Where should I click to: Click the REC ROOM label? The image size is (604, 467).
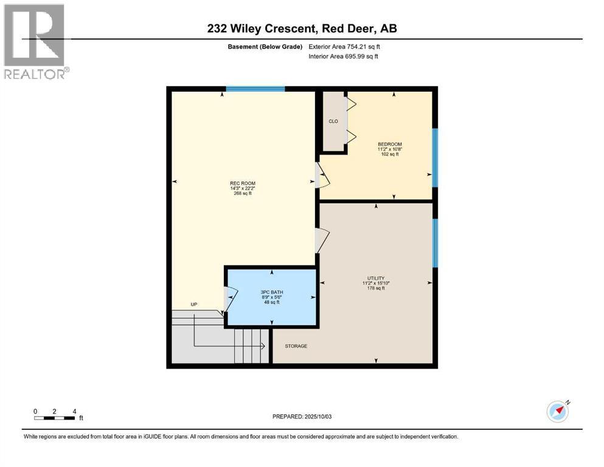[242, 183]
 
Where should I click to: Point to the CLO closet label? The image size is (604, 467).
[333, 121]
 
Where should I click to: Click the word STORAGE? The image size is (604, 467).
[296, 346]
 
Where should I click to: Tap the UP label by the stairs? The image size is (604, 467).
[194, 304]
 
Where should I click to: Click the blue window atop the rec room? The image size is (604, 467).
[255, 89]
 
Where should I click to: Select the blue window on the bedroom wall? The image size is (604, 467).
[434, 157]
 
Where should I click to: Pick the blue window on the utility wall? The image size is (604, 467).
[434, 243]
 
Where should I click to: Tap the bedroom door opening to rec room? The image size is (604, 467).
[321, 175]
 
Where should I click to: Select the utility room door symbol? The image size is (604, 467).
[321, 240]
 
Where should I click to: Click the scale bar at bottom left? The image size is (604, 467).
[55, 417]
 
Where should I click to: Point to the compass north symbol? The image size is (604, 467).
[557, 412]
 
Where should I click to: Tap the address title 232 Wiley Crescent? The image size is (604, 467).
[302, 29]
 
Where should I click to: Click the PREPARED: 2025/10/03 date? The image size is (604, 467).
[302, 417]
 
